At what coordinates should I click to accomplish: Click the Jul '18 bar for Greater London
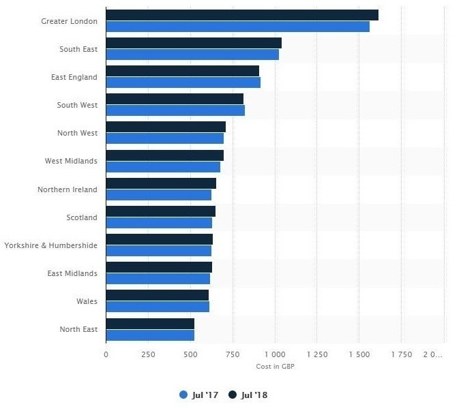pyautogui.click(x=242, y=15)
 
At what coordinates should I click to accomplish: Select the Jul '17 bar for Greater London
pyautogui.click(x=237, y=27)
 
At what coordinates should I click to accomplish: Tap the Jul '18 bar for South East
pyautogui.click(x=194, y=43)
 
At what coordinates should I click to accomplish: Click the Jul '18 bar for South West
pyautogui.click(x=175, y=99)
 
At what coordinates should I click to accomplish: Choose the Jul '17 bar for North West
pyautogui.click(x=164, y=138)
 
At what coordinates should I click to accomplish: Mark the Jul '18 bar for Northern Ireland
pyautogui.click(x=161, y=183)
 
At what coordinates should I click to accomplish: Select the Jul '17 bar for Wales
pyautogui.click(x=158, y=307)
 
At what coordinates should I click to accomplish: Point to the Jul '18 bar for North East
pyautogui.click(x=150, y=323)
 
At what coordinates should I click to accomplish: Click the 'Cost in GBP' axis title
pyautogui.click(x=276, y=366)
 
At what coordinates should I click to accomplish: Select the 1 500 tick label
pyautogui.click(x=359, y=354)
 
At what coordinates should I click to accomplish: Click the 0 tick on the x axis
pyautogui.click(x=106, y=354)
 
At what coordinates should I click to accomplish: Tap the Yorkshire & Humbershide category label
pyautogui.click(x=51, y=245)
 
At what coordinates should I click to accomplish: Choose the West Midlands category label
pyautogui.click(x=71, y=161)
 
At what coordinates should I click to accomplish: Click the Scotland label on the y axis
pyautogui.click(x=82, y=217)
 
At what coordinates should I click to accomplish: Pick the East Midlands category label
pyautogui.click(x=72, y=273)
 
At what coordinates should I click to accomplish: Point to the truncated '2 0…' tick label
pyautogui.click(x=433, y=354)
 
